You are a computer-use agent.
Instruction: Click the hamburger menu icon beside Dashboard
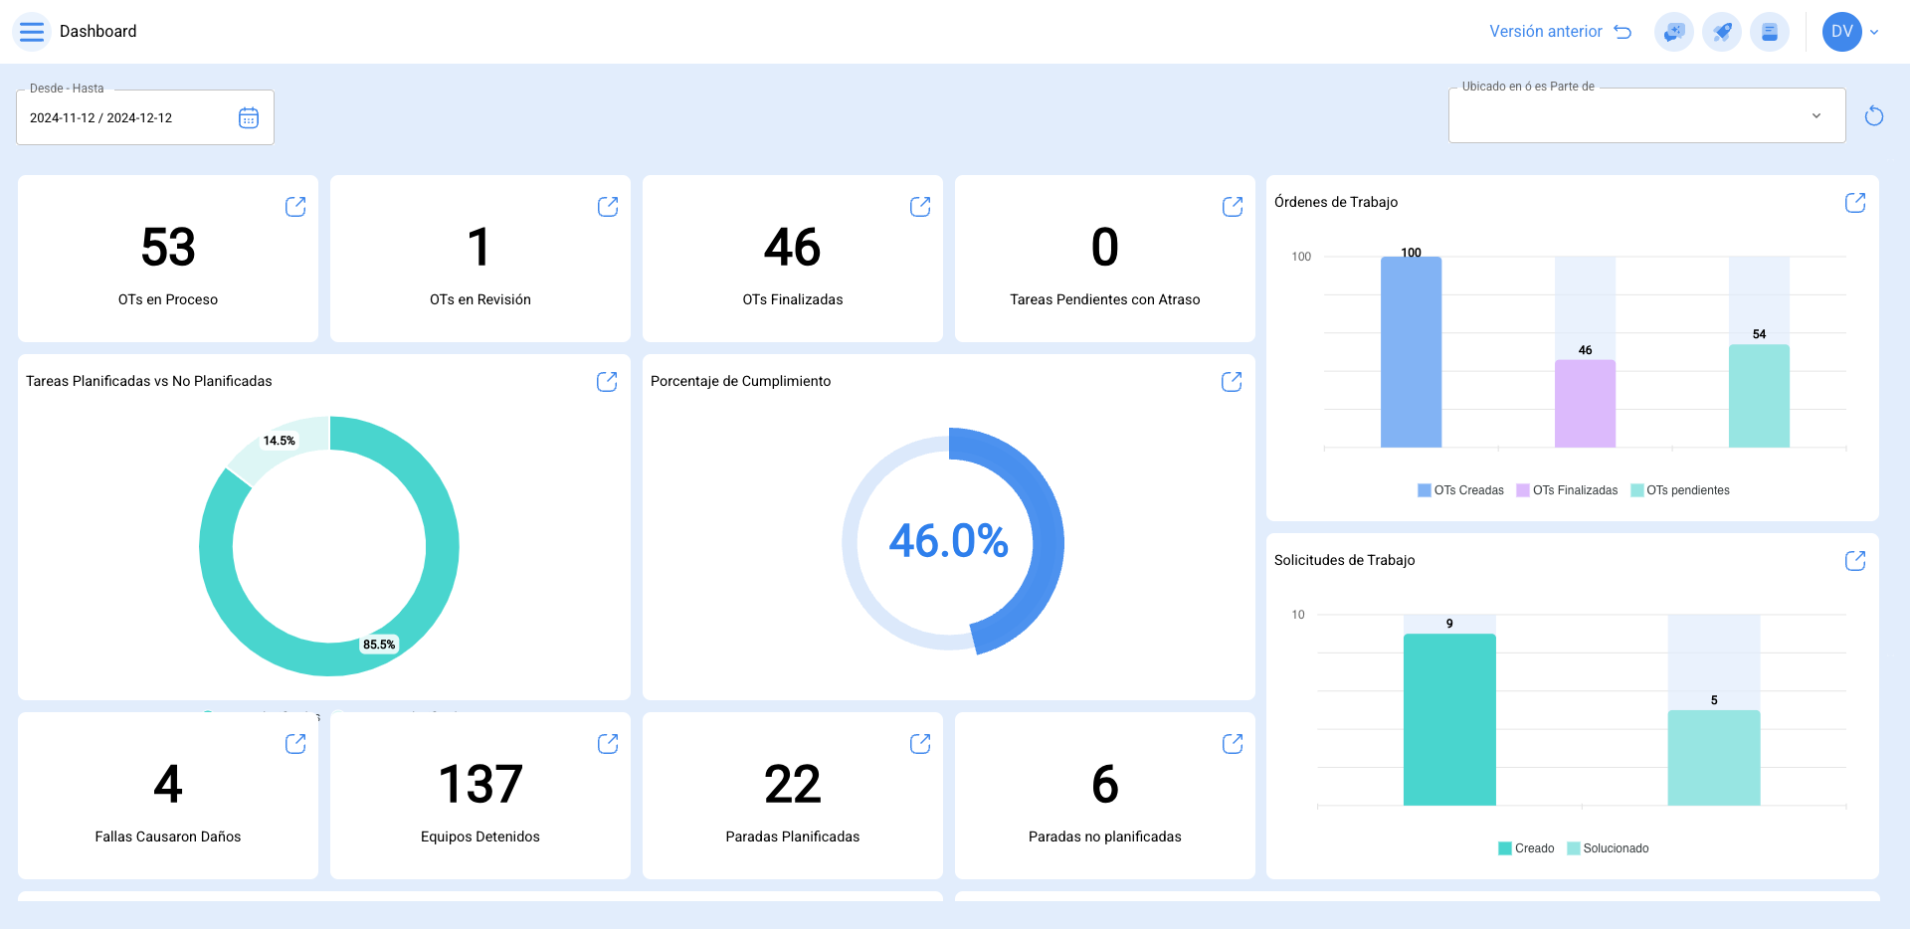32,32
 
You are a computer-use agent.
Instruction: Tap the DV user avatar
1841,32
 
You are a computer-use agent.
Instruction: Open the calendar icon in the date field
249,118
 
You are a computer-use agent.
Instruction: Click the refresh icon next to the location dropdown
1874,116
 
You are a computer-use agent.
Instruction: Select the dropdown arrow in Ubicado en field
1816,116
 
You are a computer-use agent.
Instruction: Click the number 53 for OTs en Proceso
168,248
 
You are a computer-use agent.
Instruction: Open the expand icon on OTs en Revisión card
608,207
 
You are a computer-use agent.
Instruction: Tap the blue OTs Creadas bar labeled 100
1411,353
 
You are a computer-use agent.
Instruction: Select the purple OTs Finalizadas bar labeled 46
1585,404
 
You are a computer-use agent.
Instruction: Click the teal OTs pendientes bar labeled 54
1759,396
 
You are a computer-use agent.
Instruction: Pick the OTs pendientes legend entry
1680,490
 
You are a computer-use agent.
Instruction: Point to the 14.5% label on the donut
280,441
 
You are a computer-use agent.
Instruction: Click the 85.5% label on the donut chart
379,645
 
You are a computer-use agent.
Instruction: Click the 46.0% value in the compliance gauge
948,542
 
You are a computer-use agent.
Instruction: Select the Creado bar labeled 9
1449,719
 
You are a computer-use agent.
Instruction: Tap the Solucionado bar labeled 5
1714,758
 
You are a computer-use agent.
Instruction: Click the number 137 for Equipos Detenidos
480,785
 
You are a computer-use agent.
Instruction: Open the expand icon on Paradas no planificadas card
1233,744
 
